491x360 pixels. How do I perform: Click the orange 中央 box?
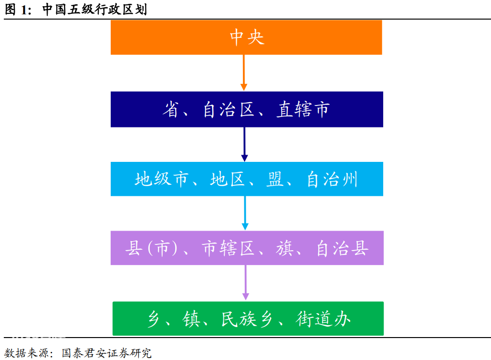click(x=246, y=37)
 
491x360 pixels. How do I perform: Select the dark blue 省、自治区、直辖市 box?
click(x=247, y=109)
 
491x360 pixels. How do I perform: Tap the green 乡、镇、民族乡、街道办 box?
click(x=248, y=318)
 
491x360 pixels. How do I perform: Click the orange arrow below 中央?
click(x=244, y=73)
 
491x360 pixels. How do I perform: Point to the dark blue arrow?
click(x=245, y=145)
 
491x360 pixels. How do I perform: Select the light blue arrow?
click(x=245, y=213)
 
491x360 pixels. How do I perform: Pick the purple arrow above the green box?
click(x=246, y=283)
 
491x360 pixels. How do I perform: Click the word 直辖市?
click(x=303, y=109)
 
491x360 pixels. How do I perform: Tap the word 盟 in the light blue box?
click(x=275, y=179)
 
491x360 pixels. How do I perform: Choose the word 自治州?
click(x=332, y=179)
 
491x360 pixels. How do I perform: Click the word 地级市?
click(x=162, y=179)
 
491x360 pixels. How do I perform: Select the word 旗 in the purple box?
click(x=284, y=248)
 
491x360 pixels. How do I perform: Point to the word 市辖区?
click(x=228, y=248)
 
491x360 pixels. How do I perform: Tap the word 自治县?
click(x=342, y=248)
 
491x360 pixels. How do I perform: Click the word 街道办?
click(x=324, y=319)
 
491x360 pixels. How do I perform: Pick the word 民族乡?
click(x=247, y=319)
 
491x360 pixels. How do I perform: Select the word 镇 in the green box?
click(x=191, y=319)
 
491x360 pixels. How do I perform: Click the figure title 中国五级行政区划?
click(x=94, y=9)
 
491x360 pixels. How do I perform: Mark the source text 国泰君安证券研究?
click(x=106, y=353)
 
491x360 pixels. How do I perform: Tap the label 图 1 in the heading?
click(x=18, y=10)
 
